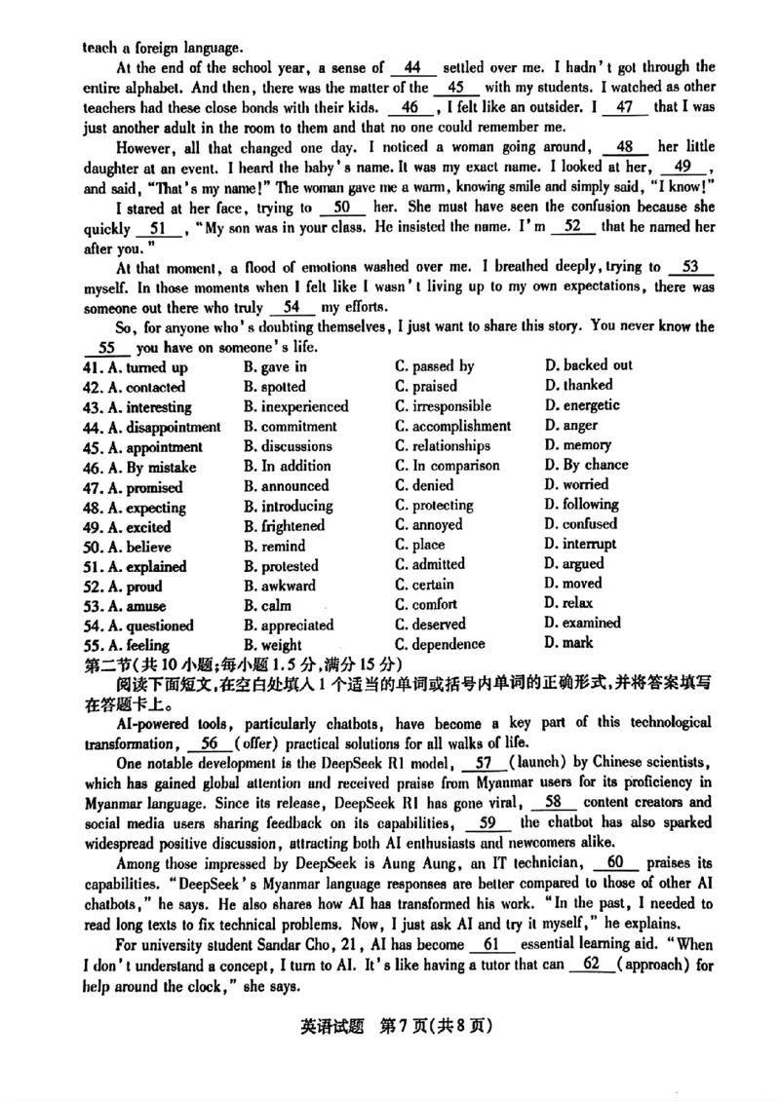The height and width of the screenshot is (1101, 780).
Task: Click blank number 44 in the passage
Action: [x=411, y=68]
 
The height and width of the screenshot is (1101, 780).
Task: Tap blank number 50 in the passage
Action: [x=341, y=208]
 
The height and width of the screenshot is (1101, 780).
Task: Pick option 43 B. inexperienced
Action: [x=295, y=407]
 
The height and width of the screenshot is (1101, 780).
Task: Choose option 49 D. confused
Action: [x=581, y=523]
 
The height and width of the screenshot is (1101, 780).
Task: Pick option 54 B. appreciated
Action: [x=289, y=626]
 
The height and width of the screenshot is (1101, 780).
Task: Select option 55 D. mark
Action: [x=569, y=643]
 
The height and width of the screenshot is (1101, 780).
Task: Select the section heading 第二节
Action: [x=105, y=664]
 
